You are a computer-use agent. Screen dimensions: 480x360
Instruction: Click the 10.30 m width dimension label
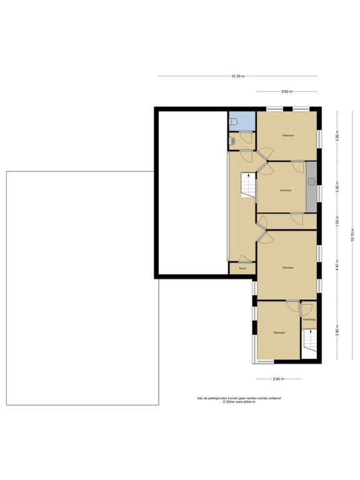click(237, 76)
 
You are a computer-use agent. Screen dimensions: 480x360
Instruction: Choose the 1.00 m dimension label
click(337, 222)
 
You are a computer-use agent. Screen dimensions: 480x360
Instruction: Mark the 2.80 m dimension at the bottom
click(279, 379)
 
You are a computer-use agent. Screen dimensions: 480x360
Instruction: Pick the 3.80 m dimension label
click(337, 331)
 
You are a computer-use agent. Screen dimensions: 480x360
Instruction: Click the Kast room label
click(242, 268)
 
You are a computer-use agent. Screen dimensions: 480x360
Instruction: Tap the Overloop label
click(309, 319)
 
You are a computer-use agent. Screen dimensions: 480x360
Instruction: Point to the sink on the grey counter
click(311, 182)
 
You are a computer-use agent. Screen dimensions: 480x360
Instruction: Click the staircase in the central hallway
click(249, 186)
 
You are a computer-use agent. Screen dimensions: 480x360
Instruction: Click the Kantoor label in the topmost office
click(288, 135)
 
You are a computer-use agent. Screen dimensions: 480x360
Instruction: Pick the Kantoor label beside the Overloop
click(279, 332)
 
